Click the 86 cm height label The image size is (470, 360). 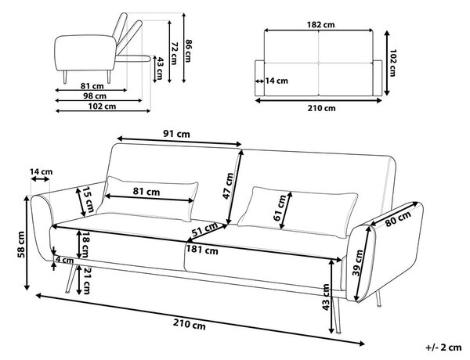[x=188, y=51]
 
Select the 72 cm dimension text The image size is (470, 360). [x=174, y=53]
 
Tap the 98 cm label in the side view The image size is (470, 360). [x=95, y=95]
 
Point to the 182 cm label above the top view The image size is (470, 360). [x=320, y=24]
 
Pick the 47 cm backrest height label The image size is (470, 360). [x=228, y=185]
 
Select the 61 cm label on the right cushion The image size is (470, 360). [x=280, y=207]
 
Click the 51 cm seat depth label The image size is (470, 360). [x=205, y=229]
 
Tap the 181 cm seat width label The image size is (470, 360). [x=202, y=250]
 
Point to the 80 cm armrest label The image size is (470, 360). [x=398, y=219]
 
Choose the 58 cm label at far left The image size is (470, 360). [x=21, y=244]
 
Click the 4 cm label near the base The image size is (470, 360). [x=64, y=260]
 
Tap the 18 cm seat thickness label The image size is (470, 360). [x=85, y=244]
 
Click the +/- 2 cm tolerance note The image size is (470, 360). [x=443, y=347]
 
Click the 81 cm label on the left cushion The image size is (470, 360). [x=146, y=192]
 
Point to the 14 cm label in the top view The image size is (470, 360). [x=277, y=81]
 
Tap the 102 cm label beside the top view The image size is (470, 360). [x=392, y=63]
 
